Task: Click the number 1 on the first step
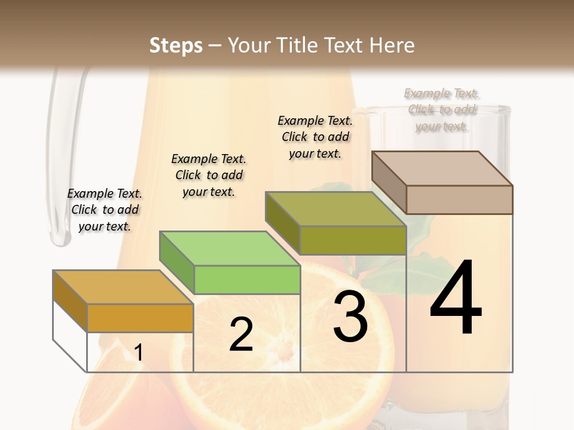139,353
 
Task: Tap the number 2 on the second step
241,334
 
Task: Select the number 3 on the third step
350,317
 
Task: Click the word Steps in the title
176,45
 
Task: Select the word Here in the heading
392,45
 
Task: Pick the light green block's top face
230,248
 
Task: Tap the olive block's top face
335,208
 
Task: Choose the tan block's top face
442,168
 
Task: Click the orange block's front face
140,318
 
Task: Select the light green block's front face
247,279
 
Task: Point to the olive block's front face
353,240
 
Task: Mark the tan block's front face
459,199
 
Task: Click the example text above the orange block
105,210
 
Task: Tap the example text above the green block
209,175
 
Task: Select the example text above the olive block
315,137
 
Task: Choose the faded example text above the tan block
442,109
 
